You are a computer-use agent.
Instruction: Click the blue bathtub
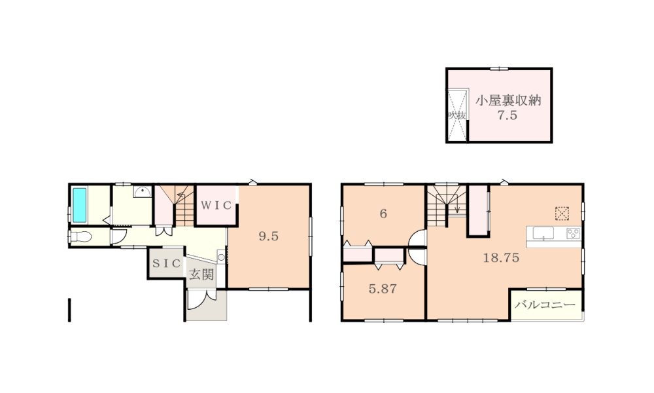[x=80, y=205]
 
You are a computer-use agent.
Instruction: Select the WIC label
[x=216, y=205]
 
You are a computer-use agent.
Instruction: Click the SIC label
[x=166, y=263]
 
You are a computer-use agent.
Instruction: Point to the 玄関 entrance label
[x=202, y=274]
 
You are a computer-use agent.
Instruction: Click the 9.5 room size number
[x=269, y=236]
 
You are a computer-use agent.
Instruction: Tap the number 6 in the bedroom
[x=383, y=214]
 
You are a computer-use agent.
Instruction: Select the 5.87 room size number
[x=383, y=289]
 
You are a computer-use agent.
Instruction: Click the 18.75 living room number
[x=501, y=257]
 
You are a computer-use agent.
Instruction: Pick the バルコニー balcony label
[x=545, y=305]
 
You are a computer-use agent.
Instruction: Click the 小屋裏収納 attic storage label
[x=508, y=101]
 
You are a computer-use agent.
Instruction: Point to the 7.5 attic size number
[x=508, y=115]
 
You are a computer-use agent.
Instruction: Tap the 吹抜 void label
[x=457, y=115]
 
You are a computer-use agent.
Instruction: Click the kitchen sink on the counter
[x=543, y=233]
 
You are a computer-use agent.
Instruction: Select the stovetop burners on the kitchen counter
[x=573, y=233]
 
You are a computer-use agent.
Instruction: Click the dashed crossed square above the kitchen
[x=562, y=213]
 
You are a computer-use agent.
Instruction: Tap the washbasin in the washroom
[x=143, y=192]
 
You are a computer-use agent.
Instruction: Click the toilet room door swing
[x=116, y=237]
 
